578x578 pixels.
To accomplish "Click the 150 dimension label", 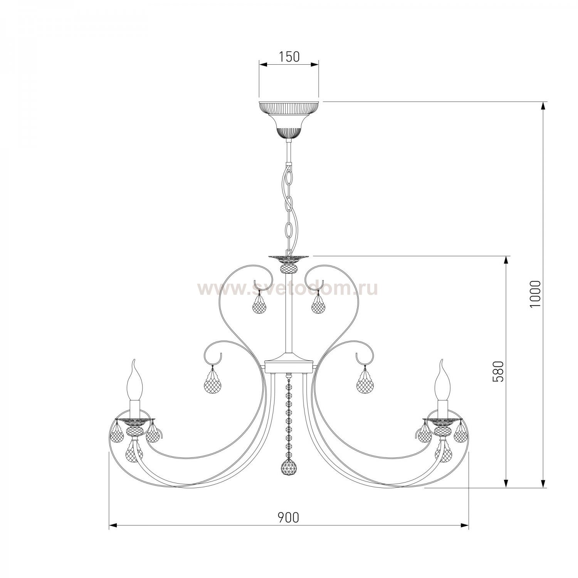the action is [289, 57].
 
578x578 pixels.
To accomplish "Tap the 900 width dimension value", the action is [289, 518].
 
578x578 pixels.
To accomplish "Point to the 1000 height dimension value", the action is [536, 294].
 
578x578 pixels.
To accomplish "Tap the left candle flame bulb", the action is [134, 379].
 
